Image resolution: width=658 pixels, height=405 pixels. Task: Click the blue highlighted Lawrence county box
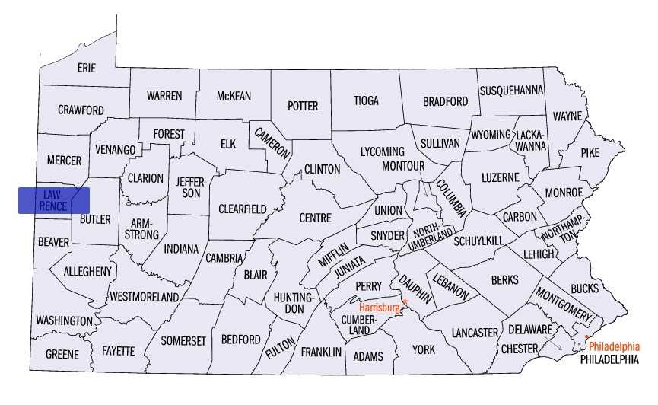[54, 200]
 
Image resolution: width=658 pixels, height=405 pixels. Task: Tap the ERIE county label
[87, 68]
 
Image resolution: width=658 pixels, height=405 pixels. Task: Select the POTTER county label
[302, 106]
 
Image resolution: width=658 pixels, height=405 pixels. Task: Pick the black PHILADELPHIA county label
[609, 359]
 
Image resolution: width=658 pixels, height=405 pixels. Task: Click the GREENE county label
[62, 355]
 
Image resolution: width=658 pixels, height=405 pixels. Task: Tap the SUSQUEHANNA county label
[511, 91]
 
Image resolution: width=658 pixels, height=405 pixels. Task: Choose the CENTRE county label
[315, 218]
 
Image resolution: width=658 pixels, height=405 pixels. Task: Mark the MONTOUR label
[402, 166]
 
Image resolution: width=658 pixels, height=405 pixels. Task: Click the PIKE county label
[590, 152]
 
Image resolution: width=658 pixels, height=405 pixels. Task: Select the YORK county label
[424, 349]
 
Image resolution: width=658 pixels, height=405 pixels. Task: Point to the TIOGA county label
[365, 100]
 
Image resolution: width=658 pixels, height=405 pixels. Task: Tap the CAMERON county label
[273, 142]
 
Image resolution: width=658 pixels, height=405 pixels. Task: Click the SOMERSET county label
[183, 340]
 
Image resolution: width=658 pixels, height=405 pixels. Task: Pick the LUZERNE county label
[500, 177]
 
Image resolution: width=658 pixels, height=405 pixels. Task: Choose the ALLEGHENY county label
[87, 271]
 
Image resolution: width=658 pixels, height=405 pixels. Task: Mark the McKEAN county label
[234, 96]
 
